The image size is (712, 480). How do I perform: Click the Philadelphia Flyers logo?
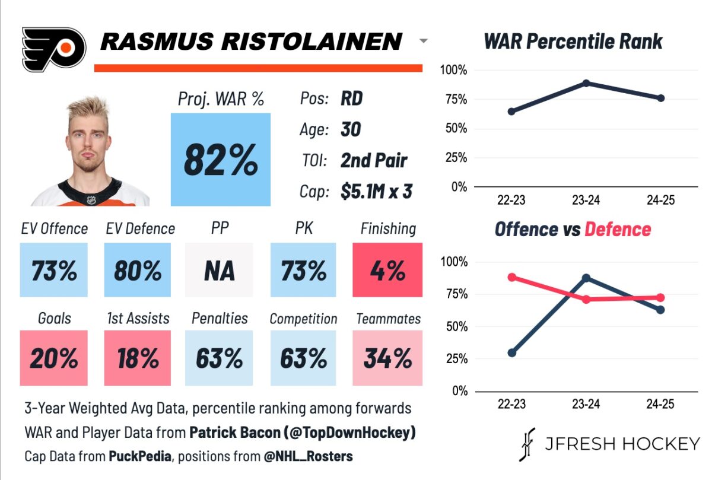[53, 49]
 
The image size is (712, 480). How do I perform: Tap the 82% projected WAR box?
[221, 159]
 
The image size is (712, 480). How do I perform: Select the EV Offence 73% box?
[54, 270]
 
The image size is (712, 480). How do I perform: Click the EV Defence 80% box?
[138, 270]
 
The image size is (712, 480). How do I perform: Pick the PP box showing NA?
[219, 270]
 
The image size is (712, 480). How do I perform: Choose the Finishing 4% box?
[387, 270]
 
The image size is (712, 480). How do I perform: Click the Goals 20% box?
[54, 358]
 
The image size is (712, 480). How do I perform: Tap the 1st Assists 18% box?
[138, 358]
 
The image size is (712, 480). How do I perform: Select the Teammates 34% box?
[387, 358]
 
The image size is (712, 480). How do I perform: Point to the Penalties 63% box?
[219, 358]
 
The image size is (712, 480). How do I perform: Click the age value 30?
[351, 129]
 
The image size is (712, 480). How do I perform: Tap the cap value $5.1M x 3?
[376, 191]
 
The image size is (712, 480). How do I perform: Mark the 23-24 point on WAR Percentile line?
[586, 83]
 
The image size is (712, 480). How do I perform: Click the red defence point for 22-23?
[511, 277]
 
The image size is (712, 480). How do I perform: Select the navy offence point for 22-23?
[511, 353]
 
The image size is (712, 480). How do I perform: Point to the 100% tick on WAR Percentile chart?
[454, 71]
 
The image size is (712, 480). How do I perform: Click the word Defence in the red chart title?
[618, 230]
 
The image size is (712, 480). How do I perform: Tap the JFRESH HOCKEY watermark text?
[622, 444]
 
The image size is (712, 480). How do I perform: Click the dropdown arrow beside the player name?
[423, 42]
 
